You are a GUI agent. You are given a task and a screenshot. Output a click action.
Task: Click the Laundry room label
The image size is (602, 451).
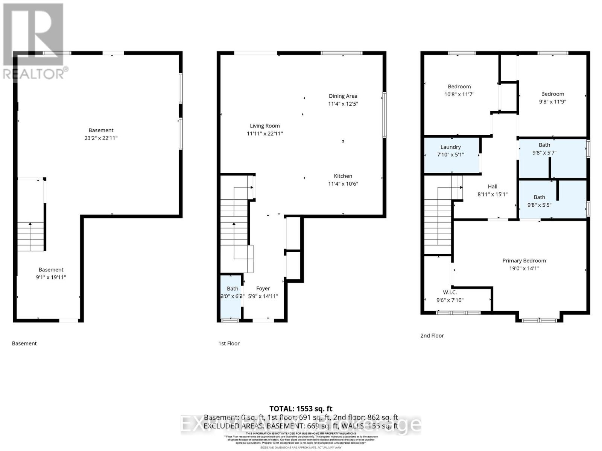(x=450, y=147)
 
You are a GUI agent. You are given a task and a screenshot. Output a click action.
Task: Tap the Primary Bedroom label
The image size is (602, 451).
(x=524, y=260)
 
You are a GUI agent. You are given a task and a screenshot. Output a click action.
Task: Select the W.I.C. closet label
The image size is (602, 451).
(x=450, y=292)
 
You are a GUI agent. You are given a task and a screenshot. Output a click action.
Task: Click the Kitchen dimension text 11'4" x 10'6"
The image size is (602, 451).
(x=343, y=184)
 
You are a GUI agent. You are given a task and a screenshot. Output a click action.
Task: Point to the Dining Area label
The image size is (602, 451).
(x=343, y=96)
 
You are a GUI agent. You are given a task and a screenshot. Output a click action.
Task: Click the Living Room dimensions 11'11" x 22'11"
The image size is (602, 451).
(x=265, y=134)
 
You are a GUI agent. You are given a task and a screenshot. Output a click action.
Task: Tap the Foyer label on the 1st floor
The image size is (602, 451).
(x=263, y=288)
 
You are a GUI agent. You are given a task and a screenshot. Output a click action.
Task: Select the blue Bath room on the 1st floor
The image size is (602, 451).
(x=231, y=297)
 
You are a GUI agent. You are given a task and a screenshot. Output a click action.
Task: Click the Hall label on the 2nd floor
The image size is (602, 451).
(x=492, y=186)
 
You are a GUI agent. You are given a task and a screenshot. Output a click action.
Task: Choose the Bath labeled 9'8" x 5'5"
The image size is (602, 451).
(x=539, y=201)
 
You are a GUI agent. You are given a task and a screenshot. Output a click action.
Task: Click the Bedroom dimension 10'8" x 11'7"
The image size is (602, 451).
(x=459, y=94)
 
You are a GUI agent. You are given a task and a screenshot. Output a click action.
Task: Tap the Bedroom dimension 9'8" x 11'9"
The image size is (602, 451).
(x=552, y=102)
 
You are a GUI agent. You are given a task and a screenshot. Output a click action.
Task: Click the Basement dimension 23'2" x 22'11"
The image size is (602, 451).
(x=101, y=138)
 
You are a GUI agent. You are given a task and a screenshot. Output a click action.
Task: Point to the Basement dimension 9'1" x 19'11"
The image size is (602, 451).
(x=51, y=277)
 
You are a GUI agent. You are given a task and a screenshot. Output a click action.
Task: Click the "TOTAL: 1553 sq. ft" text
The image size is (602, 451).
(x=301, y=409)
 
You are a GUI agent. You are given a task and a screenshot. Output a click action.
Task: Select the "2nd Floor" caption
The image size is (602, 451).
(x=432, y=336)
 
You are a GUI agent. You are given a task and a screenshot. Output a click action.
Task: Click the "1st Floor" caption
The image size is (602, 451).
(x=229, y=343)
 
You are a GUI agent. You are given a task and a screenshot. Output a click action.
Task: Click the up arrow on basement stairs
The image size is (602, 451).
(x=30, y=225)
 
